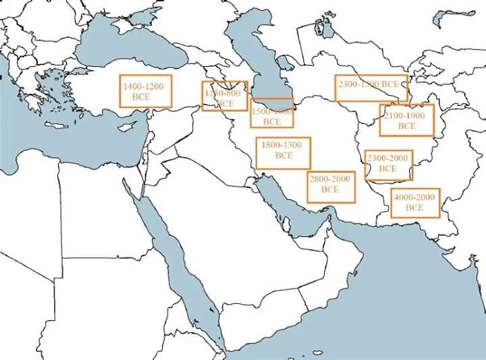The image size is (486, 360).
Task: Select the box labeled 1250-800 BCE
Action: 224,96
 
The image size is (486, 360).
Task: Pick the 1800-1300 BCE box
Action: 283,153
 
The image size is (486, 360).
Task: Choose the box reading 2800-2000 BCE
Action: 330,186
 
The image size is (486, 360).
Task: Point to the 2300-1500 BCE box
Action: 371,87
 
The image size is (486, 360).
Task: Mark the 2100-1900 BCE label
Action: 406,120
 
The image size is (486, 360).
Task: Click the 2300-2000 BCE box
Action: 388,165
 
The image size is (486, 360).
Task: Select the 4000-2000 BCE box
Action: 415,203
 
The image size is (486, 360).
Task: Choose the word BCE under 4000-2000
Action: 415,207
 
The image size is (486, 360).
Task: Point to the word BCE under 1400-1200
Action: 142,97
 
